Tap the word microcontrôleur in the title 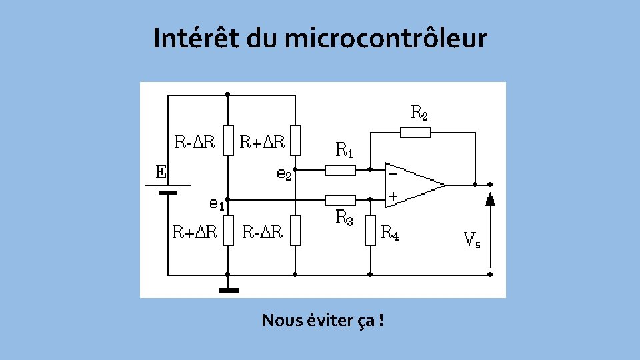coord(386,39)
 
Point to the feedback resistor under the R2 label coord(415,132)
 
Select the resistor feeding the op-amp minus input coord(340,170)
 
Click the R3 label coord(345,217)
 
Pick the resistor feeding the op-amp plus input coord(340,199)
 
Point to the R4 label coord(390,232)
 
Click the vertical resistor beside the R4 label coord(371,230)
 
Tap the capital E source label coord(161,172)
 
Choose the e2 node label coord(284,174)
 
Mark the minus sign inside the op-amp coord(393,173)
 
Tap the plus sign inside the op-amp coord(393,196)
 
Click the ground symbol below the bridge coord(228,290)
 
